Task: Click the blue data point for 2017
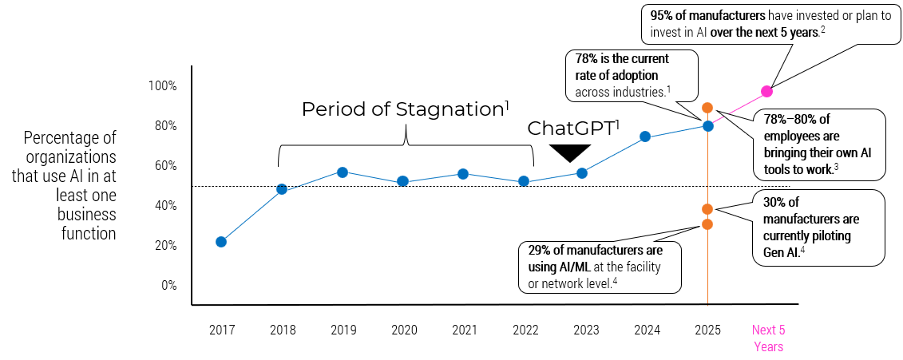click(221, 242)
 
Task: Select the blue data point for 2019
click(343, 172)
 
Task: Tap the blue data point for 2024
click(645, 137)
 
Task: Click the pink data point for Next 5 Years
click(766, 91)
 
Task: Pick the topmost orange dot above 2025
click(707, 108)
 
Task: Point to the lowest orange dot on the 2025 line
click(707, 224)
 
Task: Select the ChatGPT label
click(572, 129)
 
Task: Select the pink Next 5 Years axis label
click(768, 338)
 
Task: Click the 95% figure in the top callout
click(662, 14)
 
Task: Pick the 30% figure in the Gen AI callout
click(774, 201)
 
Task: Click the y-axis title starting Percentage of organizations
click(70, 184)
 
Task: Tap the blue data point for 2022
click(524, 181)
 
